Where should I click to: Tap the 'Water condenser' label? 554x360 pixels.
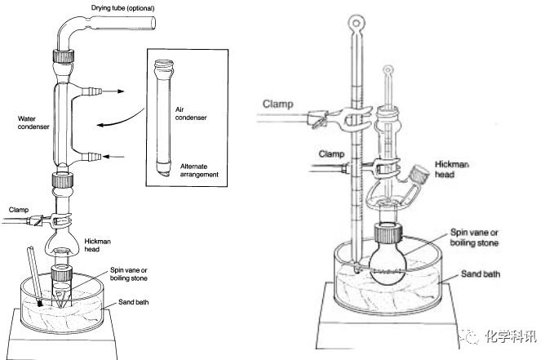(33, 122)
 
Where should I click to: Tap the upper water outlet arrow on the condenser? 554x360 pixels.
(117, 92)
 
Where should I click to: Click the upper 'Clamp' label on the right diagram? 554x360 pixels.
(281, 104)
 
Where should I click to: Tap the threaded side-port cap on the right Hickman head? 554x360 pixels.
(422, 174)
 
